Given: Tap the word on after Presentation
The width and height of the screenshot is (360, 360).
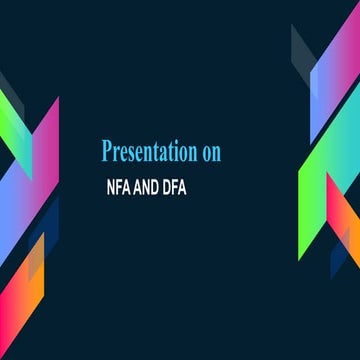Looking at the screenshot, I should [209, 152].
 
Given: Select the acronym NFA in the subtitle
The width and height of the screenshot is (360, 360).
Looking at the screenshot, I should [120, 186].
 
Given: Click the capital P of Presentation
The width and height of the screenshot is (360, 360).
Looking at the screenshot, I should [107, 151].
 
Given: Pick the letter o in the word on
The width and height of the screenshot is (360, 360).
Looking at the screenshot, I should [203, 153].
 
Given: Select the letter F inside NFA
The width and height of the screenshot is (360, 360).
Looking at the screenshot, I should [120, 186].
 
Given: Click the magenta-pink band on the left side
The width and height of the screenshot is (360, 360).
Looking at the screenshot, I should [46, 150].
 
